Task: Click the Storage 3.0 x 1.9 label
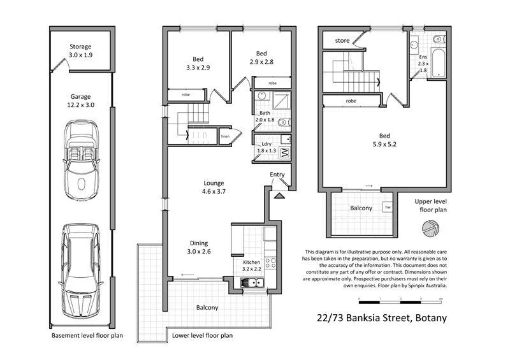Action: [80, 50]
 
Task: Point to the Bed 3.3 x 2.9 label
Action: [198, 62]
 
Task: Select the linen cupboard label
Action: [225, 137]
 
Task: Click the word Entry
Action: [277, 175]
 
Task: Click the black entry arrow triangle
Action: [278, 196]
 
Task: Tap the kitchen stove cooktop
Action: [270, 261]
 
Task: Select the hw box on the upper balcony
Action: [386, 207]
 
